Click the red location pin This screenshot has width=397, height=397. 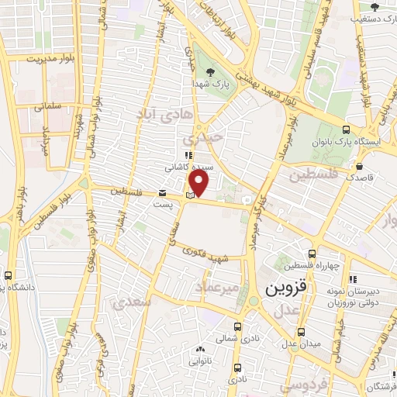(x=199, y=183)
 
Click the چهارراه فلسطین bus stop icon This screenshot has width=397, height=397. (x=312, y=254)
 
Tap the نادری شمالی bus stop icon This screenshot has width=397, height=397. (x=239, y=326)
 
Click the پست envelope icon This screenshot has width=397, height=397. (x=162, y=192)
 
